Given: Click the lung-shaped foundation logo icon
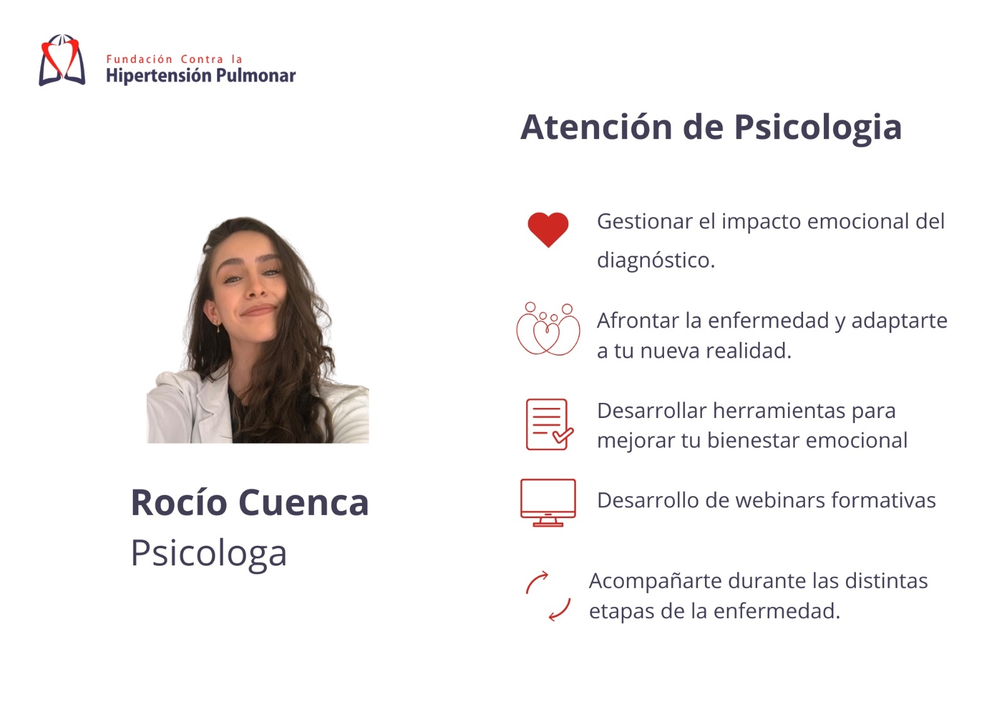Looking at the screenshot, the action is click(62, 60).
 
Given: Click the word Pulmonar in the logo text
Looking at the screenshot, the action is click(256, 76).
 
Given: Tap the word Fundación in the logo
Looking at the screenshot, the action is click(139, 59).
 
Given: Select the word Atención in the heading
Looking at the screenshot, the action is click(596, 127).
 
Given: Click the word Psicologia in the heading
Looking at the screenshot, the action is click(818, 129).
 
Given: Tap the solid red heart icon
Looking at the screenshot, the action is click(548, 229).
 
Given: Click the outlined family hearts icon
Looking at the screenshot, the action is click(548, 329).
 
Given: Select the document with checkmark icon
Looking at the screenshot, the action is click(549, 424).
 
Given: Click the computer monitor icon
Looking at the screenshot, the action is click(548, 502).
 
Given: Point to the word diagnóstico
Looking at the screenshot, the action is click(656, 261).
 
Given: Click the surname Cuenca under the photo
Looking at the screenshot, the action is click(303, 502).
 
